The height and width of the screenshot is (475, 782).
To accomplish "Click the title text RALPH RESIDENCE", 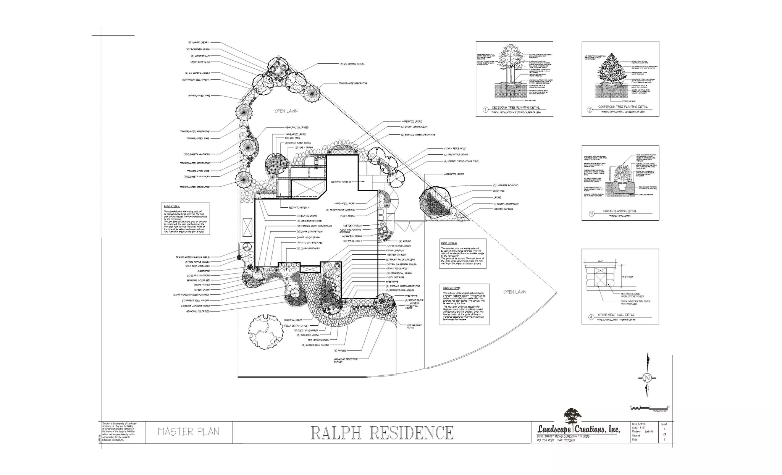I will (x=382, y=433).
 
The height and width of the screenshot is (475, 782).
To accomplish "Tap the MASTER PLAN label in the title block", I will (x=188, y=432).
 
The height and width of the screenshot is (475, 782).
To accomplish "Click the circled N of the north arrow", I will (x=647, y=378).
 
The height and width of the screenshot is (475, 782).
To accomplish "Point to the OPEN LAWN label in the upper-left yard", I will (x=286, y=111).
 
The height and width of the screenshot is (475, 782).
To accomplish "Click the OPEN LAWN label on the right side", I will (x=515, y=292).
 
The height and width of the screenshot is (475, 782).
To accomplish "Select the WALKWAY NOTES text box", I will (x=464, y=304).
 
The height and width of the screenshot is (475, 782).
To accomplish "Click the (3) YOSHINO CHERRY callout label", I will (x=198, y=42).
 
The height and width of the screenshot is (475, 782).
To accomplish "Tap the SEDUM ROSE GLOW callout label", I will (x=200, y=62).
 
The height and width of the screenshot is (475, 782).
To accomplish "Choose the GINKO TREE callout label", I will (x=499, y=191).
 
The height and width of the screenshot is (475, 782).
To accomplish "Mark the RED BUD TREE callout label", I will (x=292, y=138).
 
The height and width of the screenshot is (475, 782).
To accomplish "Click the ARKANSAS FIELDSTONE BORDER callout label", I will (x=346, y=360).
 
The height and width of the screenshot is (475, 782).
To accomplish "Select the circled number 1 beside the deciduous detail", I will (x=485, y=110).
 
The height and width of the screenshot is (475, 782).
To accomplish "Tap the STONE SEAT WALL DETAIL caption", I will (x=616, y=315).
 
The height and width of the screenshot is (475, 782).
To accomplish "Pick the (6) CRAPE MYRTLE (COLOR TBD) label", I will (x=461, y=161).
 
